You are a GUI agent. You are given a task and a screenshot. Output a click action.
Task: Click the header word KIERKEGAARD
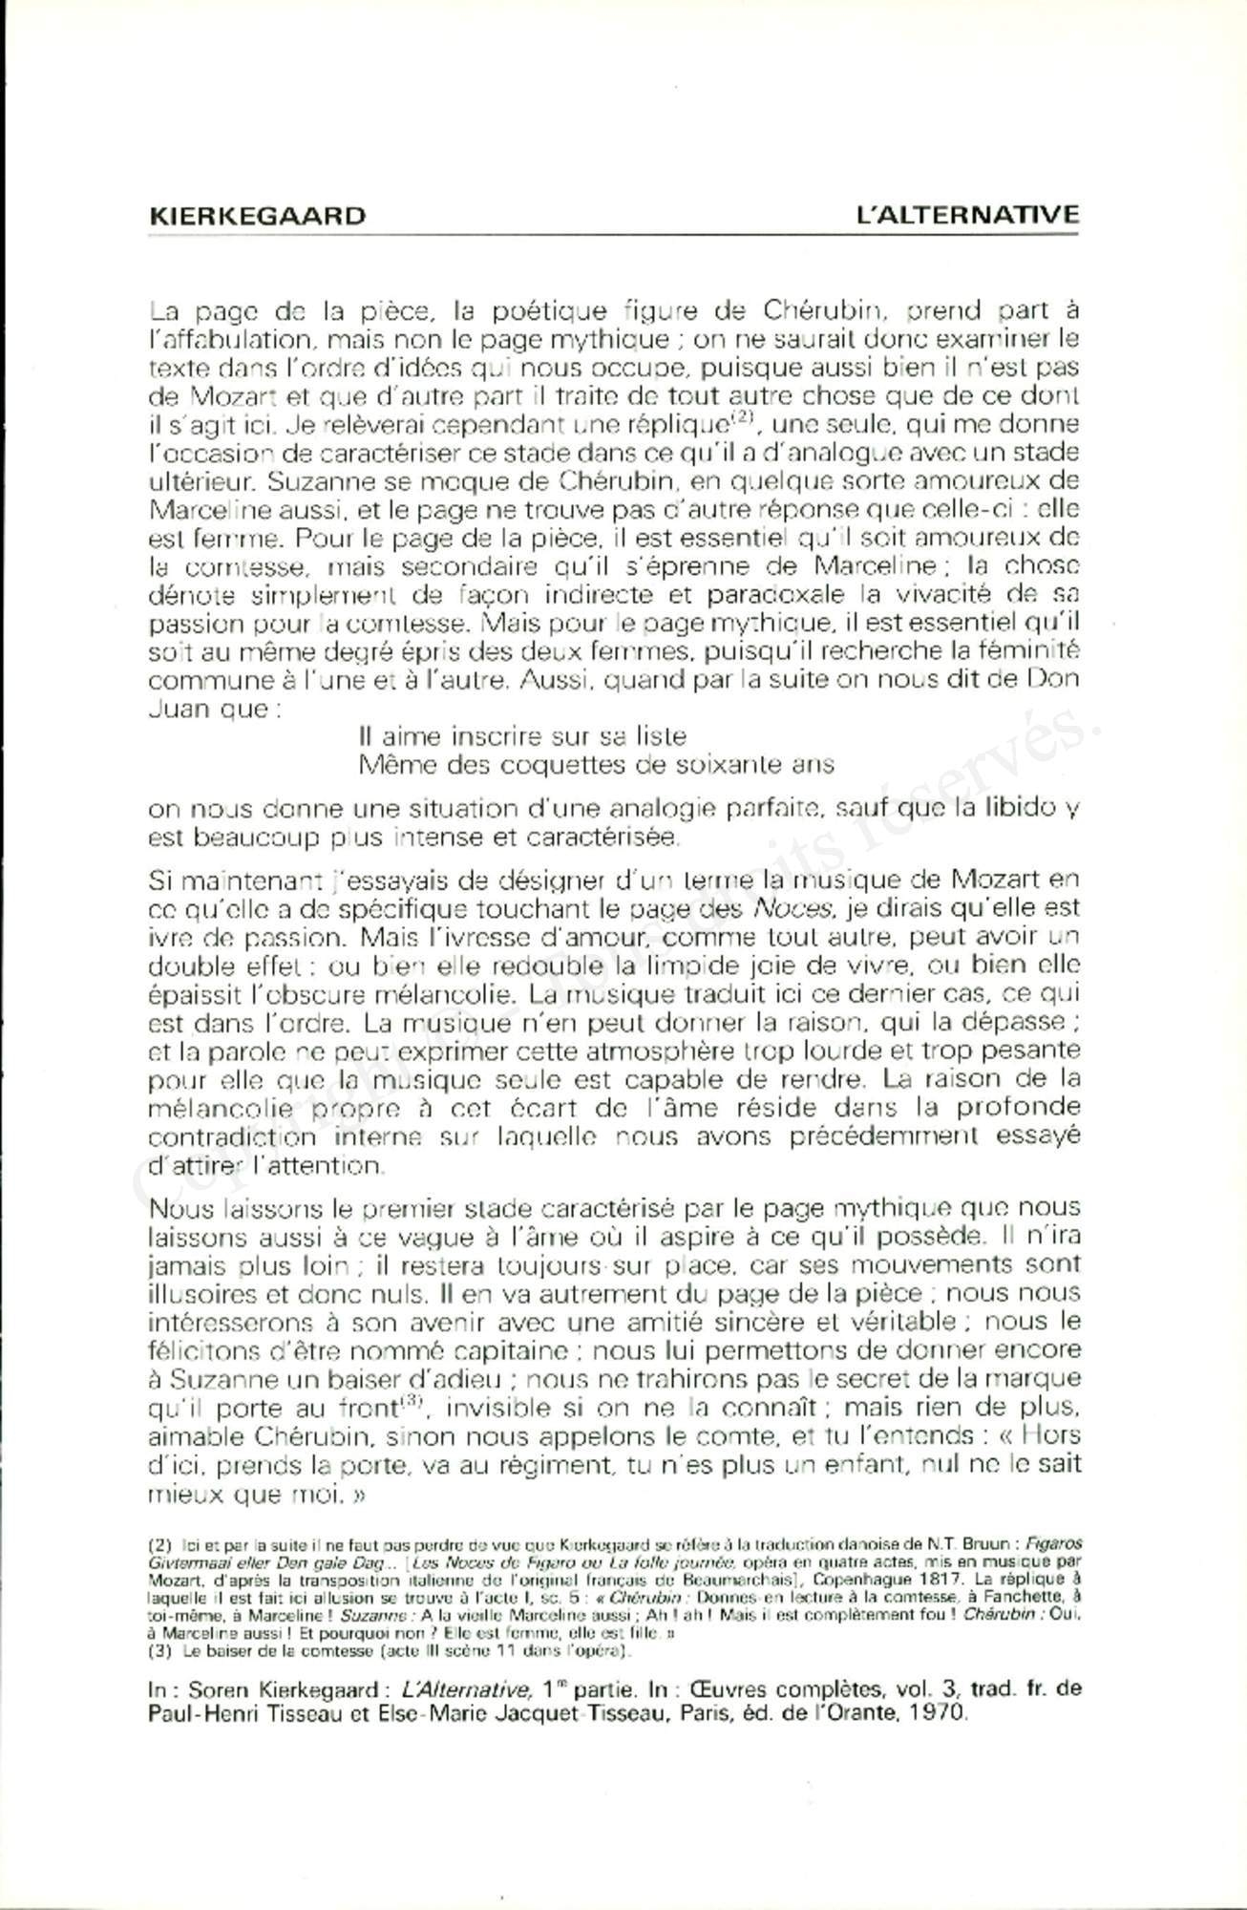(x=258, y=215)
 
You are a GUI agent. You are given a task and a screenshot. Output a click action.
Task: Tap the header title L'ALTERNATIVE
(x=968, y=214)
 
